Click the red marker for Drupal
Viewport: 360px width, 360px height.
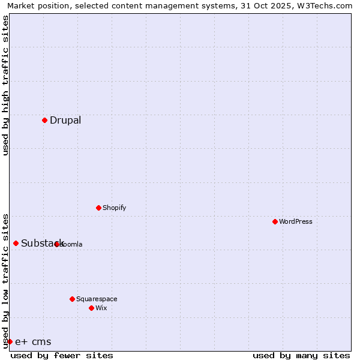point(44,120)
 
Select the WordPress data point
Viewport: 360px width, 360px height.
point(275,221)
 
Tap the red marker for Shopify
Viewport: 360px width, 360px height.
point(98,208)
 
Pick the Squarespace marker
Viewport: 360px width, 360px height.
point(72,299)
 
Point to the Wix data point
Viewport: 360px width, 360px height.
point(91,308)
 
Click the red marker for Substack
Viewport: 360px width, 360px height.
point(16,243)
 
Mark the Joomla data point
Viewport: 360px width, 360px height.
point(56,244)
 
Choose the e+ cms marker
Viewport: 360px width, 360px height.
point(10,341)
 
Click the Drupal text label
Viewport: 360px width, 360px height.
point(65,120)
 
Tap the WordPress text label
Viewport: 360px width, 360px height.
point(296,221)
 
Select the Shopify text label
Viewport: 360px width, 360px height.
point(115,208)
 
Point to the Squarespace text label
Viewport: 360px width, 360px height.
point(97,299)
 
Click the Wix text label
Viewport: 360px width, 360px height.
point(101,308)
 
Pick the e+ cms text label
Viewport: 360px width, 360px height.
point(33,342)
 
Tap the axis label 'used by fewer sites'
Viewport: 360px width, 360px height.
point(62,355)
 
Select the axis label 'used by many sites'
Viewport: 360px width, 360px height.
point(301,355)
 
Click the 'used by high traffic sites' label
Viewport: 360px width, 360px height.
point(5,86)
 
